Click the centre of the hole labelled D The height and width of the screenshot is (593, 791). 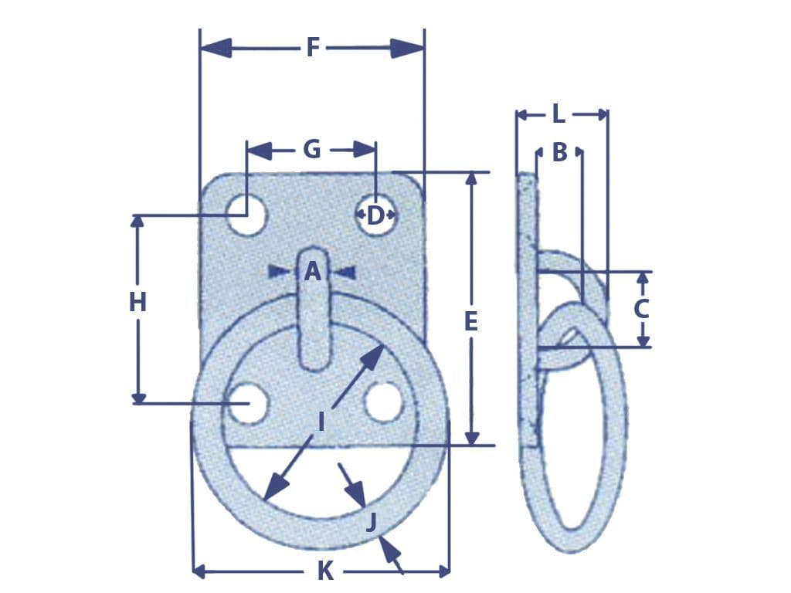[376, 215]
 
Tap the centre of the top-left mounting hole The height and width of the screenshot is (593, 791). [246, 215]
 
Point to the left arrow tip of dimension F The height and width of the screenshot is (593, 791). [202, 49]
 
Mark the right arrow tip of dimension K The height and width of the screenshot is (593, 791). [449, 572]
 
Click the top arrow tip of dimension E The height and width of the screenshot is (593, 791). [472, 173]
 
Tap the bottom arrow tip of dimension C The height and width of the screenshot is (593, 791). [643, 347]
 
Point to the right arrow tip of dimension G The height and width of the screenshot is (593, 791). [375, 150]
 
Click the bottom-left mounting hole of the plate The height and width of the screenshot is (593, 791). [248, 403]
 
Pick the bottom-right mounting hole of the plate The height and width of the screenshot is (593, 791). [383, 402]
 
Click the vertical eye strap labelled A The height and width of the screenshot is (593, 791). [314, 310]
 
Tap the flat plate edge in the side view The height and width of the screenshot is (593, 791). [527, 310]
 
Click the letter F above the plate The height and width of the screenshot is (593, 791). [314, 48]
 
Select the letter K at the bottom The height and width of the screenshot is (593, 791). [325, 571]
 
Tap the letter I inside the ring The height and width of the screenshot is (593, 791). [321, 422]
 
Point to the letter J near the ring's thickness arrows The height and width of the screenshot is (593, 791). [372, 521]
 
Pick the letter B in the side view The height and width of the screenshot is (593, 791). [559, 152]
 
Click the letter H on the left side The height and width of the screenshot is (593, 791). [137, 303]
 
